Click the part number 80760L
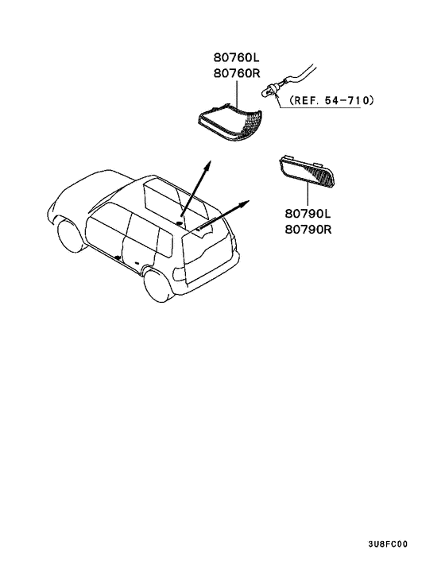point(237,57)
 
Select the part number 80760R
point(237,73)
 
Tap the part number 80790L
point(308,214)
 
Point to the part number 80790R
point(308,230)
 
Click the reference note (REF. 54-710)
point(331,100)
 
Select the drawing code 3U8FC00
point(388,544)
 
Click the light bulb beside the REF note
point(270,89)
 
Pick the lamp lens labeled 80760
point(231,122)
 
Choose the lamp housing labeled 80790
point(307,172)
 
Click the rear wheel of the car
point(158,284)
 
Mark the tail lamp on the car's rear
point(179,275)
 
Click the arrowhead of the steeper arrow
point(207,165)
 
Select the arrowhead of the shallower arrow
point(244,203)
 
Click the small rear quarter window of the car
point(164,242)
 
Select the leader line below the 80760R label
point(237,94)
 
